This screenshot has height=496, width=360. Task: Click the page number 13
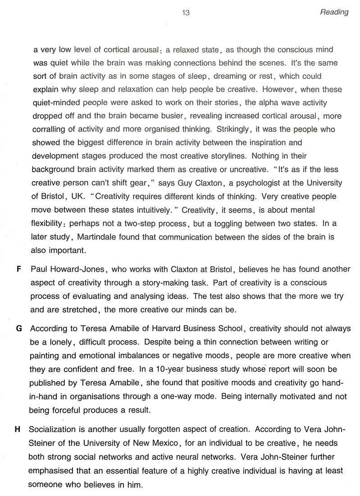(x=186, y=13)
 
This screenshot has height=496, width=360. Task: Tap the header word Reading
(x=334, y=12)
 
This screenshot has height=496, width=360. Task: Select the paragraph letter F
(x=18, y=269)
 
